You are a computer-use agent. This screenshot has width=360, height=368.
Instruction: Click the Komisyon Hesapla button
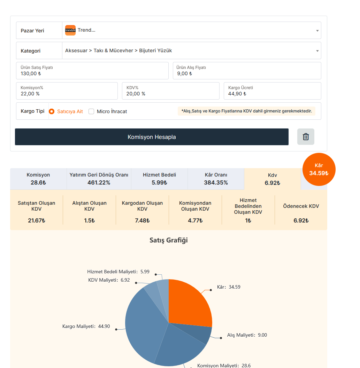click(152, 137)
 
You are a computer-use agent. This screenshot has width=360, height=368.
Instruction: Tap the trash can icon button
click(306, 136)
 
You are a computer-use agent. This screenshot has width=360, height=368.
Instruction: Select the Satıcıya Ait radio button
click(52, 111)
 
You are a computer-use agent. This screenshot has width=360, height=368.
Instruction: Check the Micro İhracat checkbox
click(91, 111)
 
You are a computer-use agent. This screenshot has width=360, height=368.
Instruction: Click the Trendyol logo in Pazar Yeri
click(70, 30)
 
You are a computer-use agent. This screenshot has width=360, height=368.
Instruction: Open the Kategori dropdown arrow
click(317, 51)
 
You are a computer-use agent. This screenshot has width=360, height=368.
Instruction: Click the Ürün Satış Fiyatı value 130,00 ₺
click(31, 73)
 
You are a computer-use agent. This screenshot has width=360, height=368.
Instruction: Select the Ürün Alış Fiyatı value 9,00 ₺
click(184, 73)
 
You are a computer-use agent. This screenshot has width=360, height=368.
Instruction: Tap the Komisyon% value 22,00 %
click(30, 94)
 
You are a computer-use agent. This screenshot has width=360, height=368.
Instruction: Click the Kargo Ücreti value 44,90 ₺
click(237, 94)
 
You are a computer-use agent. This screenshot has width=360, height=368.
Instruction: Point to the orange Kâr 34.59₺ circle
click(319, 169)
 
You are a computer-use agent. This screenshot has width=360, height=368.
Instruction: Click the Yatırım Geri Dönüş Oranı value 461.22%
click(99, 182)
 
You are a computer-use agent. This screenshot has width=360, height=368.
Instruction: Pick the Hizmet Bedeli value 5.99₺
click(159, 182)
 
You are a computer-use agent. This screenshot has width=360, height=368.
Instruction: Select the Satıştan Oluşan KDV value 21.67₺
click(37, 221)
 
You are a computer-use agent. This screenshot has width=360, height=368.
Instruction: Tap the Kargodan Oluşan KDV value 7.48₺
click(142, 221)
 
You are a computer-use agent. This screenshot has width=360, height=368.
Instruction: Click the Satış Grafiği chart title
click(168, 240)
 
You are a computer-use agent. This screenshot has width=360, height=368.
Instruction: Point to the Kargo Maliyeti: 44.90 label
click(86, 326)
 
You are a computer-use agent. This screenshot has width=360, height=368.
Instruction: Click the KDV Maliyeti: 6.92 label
click(109, 280)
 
